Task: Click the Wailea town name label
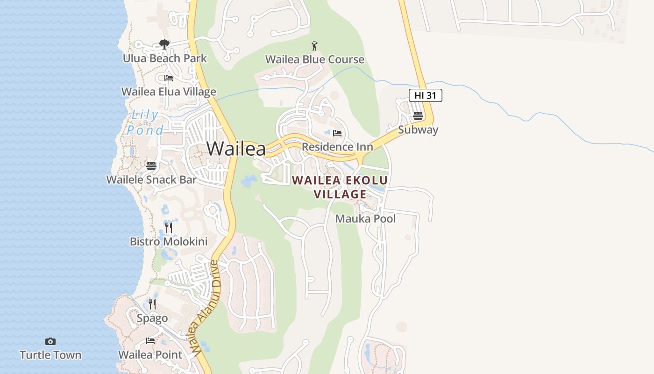pos(236,149)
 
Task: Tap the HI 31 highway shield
pos(425,95)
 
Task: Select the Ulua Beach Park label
pos(164,58)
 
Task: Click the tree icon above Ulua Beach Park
pos(164,44)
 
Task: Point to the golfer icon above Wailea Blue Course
pos(315,46)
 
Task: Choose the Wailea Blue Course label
pos(315,59)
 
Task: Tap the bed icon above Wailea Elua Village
pos(169,78)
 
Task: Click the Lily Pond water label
pos(145,122)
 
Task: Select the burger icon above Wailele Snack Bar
pos(151,165)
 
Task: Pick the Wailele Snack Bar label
pos(151,180)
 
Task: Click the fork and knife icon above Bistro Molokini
pos(169,228)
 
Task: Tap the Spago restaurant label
pos(152,318)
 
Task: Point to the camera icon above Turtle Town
pos(50,341)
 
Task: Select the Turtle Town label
pos(50,355)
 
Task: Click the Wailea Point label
pos(150,355)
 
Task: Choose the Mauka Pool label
pos(365,219)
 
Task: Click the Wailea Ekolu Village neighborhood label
pos(340,187)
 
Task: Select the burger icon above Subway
pos(418,116)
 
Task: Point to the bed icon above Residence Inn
pos(337,133)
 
